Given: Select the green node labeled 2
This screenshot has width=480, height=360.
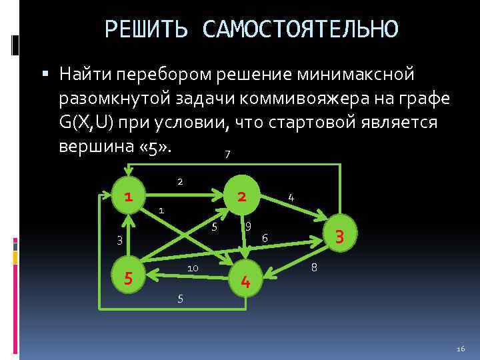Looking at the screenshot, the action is [x=243, y=196].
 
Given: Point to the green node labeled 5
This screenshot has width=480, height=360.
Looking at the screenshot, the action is [x=127, y=274].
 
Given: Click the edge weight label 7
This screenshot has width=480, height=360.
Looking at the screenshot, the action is [x=228, y=155].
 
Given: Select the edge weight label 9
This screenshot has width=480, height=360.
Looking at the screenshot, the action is [x=248, y=226].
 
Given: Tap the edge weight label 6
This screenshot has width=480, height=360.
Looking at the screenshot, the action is [x=265, y=238].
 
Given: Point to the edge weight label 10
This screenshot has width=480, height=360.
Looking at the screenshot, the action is [x=192, y=268].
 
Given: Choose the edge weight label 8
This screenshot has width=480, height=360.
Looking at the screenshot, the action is [x=314, y=268].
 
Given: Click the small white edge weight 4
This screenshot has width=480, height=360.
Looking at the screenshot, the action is [x=291, y=197].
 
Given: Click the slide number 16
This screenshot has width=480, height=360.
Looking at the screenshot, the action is [x=460, y=349].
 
